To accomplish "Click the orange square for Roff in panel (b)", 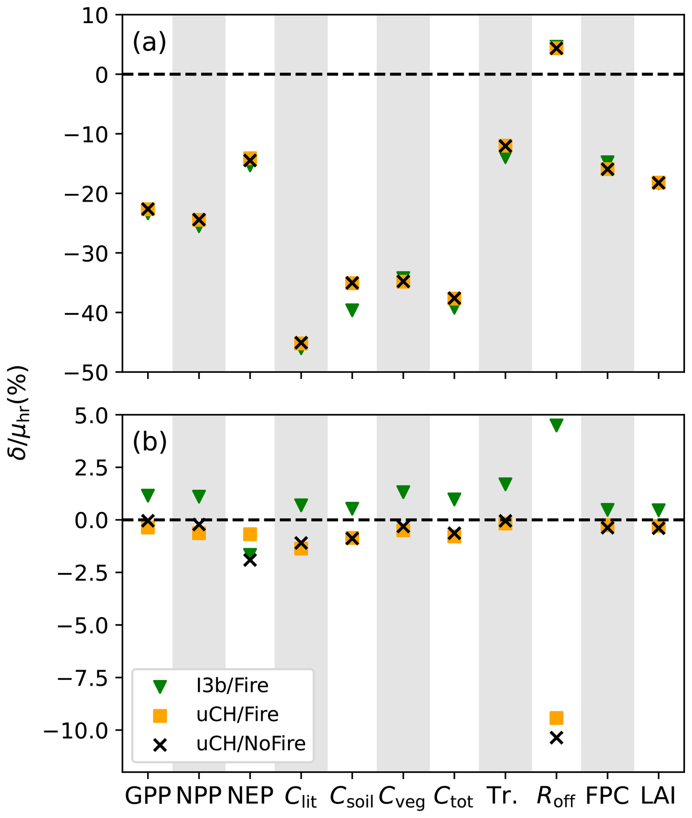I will click(x=556, y=717).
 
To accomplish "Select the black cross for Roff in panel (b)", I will click(x=556, y=738).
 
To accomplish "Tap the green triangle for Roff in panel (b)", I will click(x=556, y=424).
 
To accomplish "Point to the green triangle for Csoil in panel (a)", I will click(x=352, y=309).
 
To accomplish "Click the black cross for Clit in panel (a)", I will click(x=301, y=342).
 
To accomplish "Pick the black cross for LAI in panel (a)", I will click(x=658, y=183).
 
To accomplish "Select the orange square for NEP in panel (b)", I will click(x=250, y=534).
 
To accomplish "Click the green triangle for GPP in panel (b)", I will click(x=148, y=495).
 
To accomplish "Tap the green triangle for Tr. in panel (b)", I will click(x=505, y=484).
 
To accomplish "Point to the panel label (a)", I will click(x=150, y=42).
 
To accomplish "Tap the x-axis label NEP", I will click(x=250, y=796).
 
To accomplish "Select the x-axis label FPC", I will click(x=607, y=796).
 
